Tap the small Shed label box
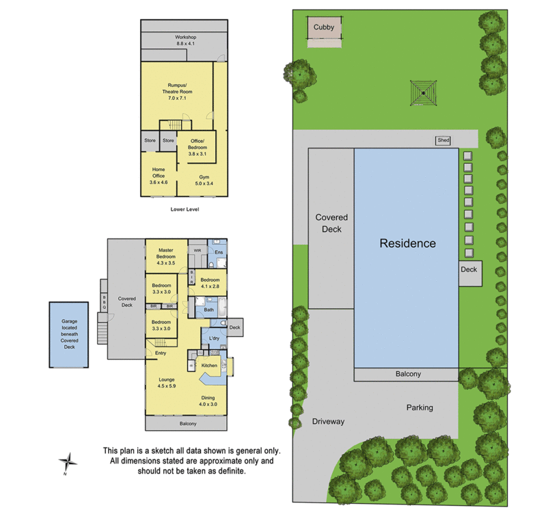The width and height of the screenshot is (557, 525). point(444,141)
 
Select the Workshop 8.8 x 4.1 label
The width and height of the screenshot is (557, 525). point(185,40)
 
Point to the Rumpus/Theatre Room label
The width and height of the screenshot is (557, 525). point(177,92)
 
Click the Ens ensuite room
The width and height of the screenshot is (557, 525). point(219,253)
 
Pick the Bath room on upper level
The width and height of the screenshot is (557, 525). point(209,310)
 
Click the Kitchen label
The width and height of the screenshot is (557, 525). point(209,366)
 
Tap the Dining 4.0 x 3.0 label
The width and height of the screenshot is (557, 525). point(208,401)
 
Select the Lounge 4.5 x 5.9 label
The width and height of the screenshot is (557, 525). point(167,383)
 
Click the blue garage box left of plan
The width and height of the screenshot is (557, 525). point(69,334)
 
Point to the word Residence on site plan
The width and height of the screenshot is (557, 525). point(407,243)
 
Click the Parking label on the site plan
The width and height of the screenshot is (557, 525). point(420,407)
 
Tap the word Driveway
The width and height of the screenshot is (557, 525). point(328,422)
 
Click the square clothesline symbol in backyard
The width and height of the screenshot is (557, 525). point(424,93)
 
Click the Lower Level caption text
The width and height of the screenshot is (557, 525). point(185,209)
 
